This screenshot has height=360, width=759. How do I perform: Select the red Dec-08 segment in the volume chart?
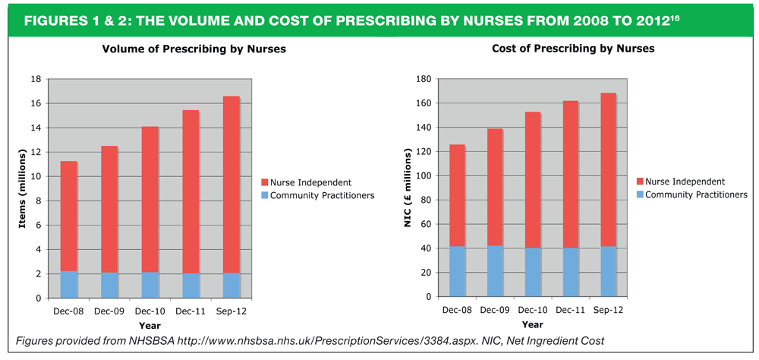click(68, 216)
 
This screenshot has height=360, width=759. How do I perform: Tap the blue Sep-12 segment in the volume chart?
click(231, 285)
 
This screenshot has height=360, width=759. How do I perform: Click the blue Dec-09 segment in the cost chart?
click(496, 271)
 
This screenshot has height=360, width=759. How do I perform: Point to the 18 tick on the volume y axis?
click(35, 79)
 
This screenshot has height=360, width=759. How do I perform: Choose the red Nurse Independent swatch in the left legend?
click(263, 182)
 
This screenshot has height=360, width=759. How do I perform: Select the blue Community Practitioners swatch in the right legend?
click(640, 194)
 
